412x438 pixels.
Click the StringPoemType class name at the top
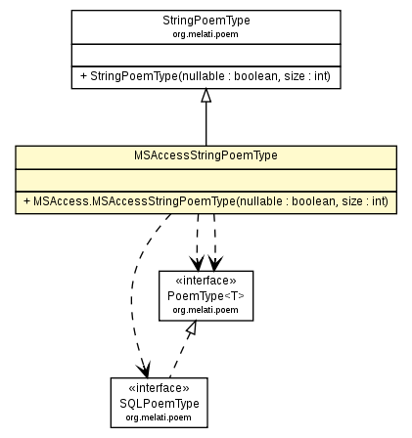(206, 19)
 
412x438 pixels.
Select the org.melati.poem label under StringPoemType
(206, 31)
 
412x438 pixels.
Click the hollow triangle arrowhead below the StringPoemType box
(206, 97)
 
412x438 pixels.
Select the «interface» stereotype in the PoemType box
(206, 279)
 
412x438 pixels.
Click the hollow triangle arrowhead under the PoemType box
(189, 329)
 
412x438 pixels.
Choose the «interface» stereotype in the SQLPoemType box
(160, 388)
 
